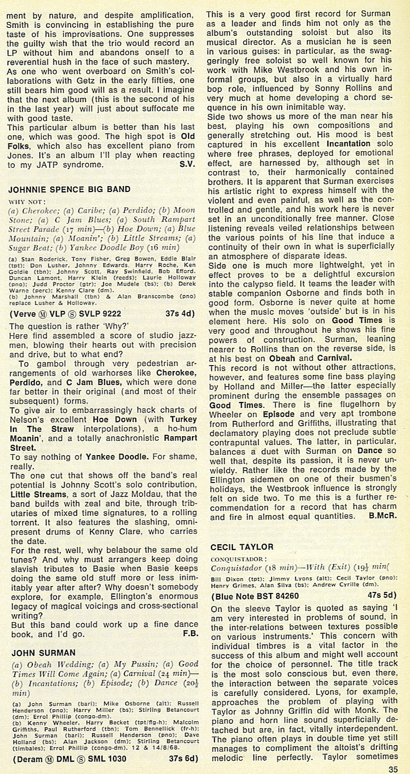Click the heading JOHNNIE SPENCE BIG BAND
pos(70,189)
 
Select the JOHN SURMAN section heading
pos(43,652)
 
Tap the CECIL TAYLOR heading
pos(242,547)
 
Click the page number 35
pos(393,769)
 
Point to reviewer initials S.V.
pos(187,164)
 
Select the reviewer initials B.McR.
pos(383,516)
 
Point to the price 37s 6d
pos(184,759)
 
